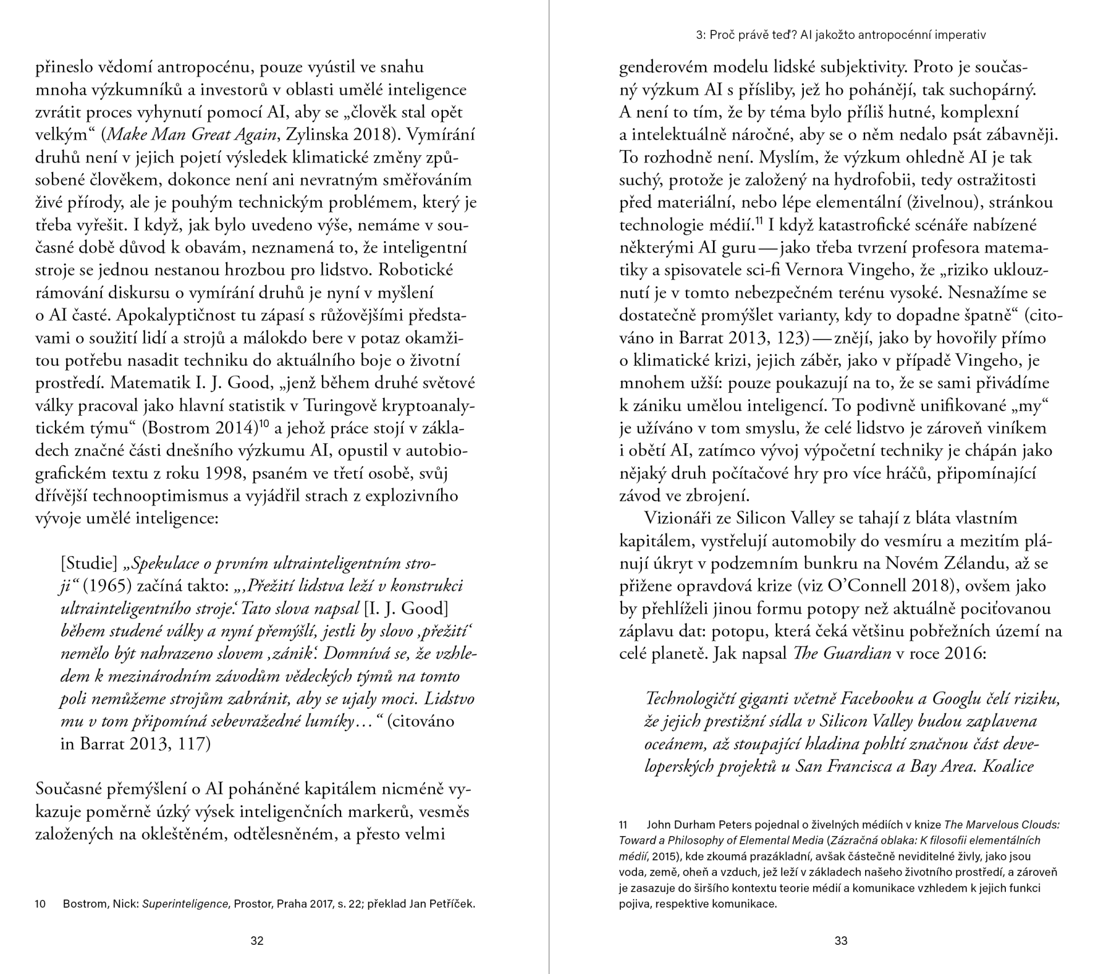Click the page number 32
[257, 940]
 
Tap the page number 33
[841, 940]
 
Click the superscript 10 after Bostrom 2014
[264, 424]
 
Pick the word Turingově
[341, 406]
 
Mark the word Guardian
[857, 653]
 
